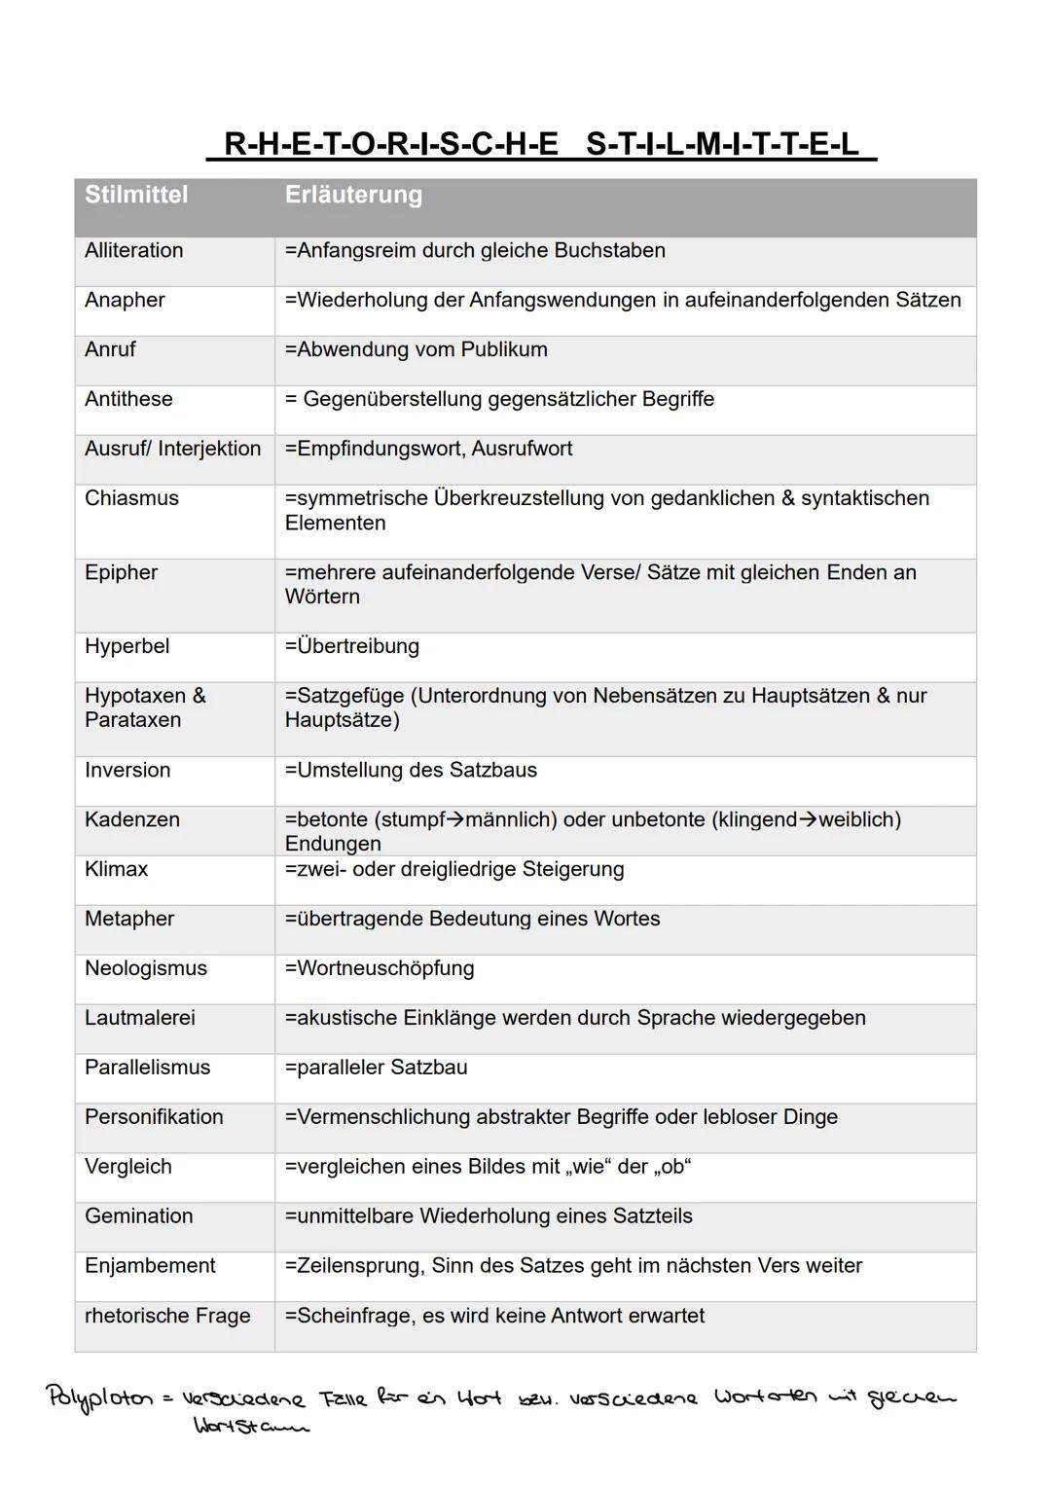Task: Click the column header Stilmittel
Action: pyautogui.click(x=136, y=195)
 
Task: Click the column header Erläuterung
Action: pyautogui.click(x=353, y=195)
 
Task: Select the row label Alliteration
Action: pyautogui.click(x=133, y=251)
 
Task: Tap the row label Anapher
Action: pyautogui.click(x=125, y=301)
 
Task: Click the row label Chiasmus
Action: pyautogui.click(x=131, y=498)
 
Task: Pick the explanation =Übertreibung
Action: pyautogui.click(x=351, y=647)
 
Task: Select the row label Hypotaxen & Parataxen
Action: pyautogui.click(x=145, y=708)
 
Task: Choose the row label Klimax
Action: pyautogui.click(x=116, y=870)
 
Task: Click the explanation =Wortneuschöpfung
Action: pyautogui.click(x=380, y=969)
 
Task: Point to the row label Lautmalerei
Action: pyautogui.click(x=139, y=1019)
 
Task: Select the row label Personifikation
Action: pyautogui.click(x=154, y=1118)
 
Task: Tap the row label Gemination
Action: pyautogui.click(x=138, y=1217)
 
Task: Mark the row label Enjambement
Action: pyautogui.click(x=150, y=1267)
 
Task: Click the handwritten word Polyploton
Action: pyautogui.click(x=100, y=1397)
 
